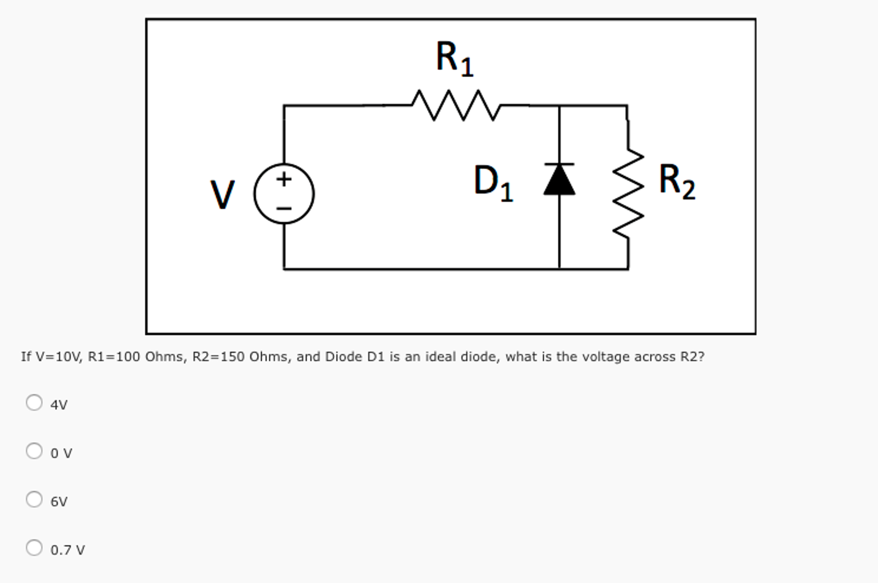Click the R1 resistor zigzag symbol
[456, 105]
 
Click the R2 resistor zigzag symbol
[628, 193]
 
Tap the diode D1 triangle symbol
[559, 180]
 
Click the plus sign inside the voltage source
[284, 179]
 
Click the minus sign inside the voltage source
[284, 209]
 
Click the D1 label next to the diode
[493, 183]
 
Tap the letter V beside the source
[222, 195]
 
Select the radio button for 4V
[34, 403]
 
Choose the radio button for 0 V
[34, 451]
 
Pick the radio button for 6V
[34, 499]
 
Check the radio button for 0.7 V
[34, 548]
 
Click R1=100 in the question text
[114, 357]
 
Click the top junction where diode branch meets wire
[559, 105]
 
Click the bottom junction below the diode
[559, 269]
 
